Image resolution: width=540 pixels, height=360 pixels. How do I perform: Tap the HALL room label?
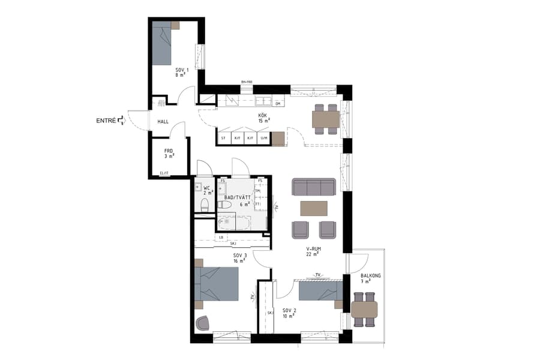point(163,121)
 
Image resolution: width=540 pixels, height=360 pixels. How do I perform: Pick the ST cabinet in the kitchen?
point(223,139)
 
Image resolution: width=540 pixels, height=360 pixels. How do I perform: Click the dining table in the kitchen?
point(326,119)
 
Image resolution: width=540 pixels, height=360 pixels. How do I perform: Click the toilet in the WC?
point(203,206)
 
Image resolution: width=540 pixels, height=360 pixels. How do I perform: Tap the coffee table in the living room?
point(314,208)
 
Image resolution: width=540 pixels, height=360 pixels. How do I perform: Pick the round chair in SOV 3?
point(203,323)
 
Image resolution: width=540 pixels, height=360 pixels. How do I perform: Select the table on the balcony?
point(364,310)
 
